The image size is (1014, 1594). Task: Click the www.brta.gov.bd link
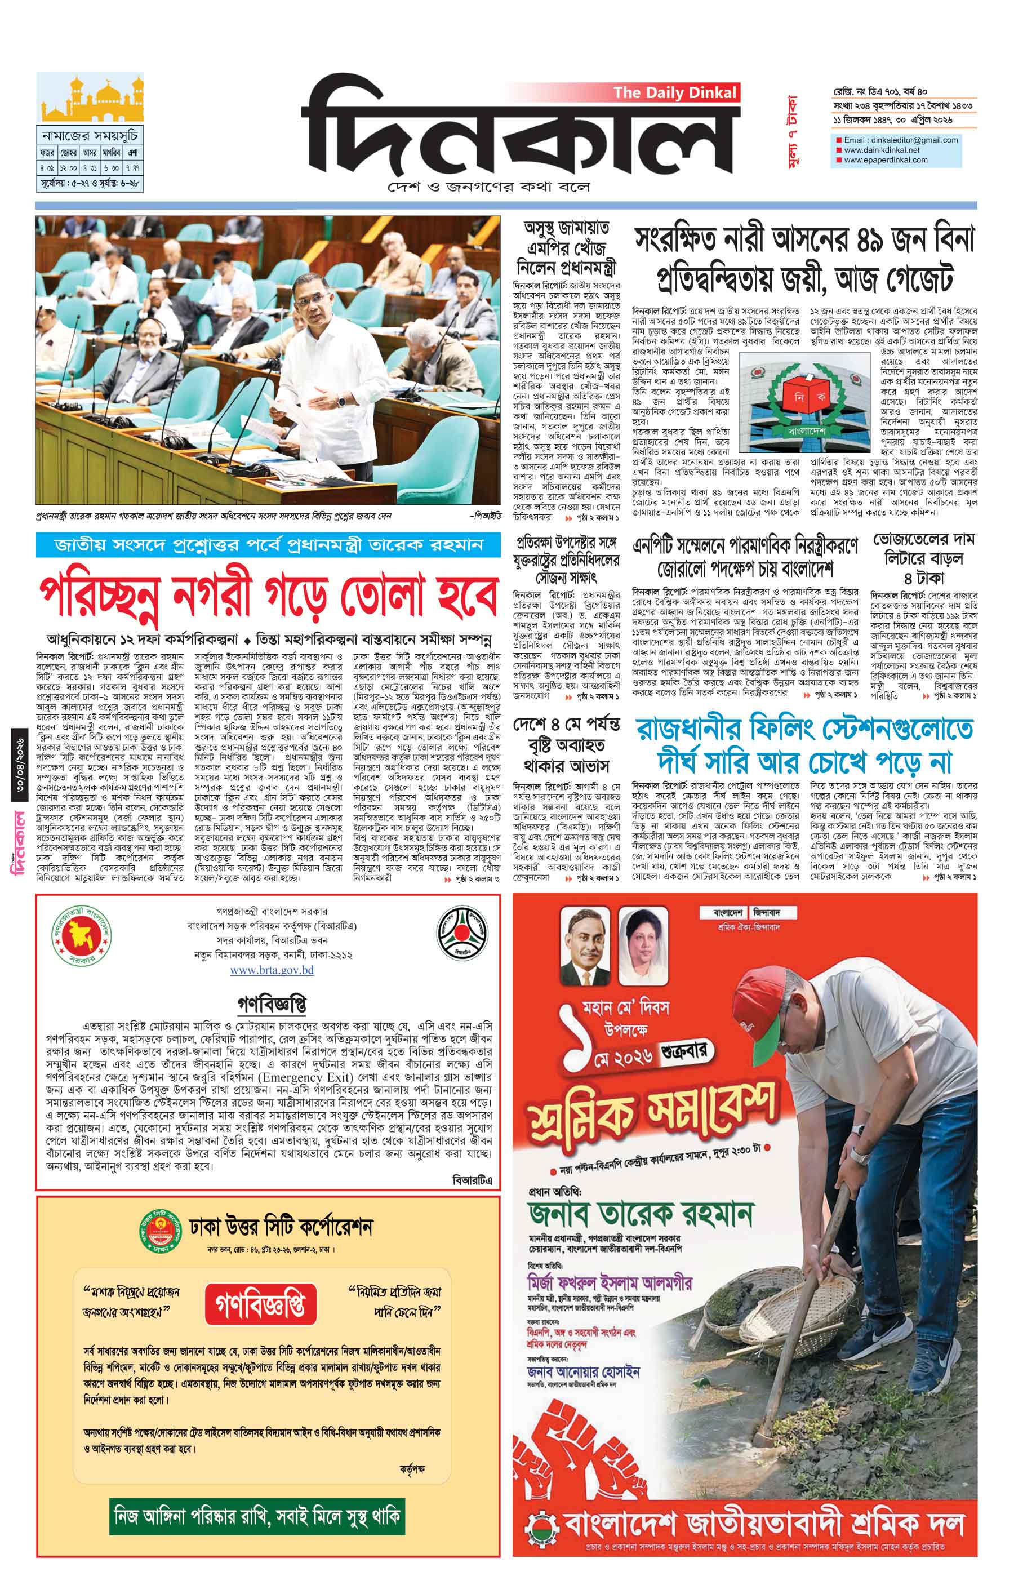click(272, 970)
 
